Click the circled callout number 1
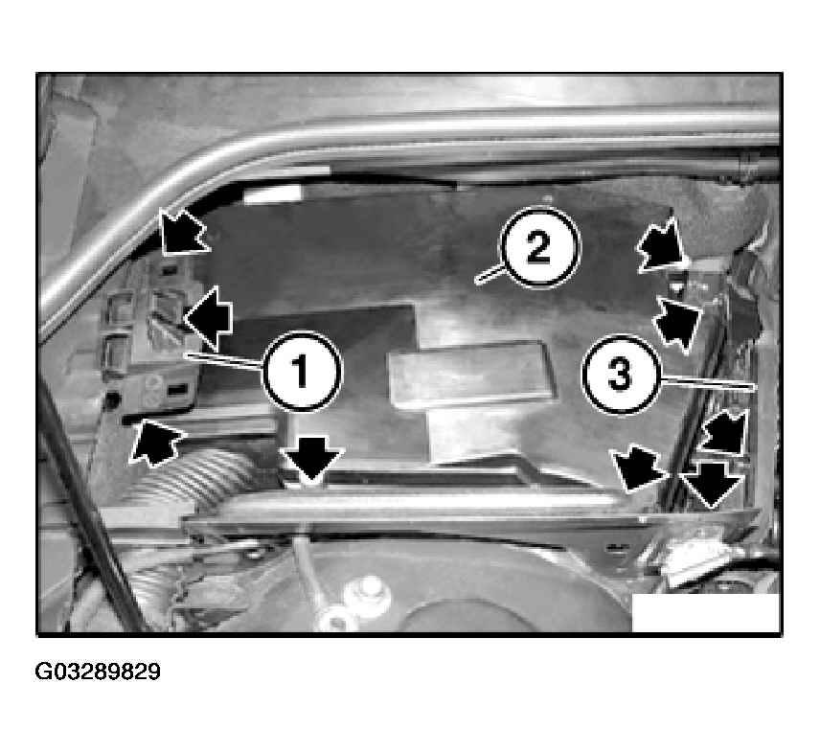pos(303,370)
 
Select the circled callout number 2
pos(539,247)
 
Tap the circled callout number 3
pos(621,375)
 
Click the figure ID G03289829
pos(98,672)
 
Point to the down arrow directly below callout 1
pos(312,459)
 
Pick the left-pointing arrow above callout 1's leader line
pos(208,318)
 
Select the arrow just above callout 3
pos(678,324)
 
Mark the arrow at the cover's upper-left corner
pos(183,233)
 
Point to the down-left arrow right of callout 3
pos(724,430)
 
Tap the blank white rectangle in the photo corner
pos(706,613)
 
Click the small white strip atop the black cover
pos(273,194)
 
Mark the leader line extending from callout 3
pos(708,382)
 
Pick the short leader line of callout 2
pos(490,275)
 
